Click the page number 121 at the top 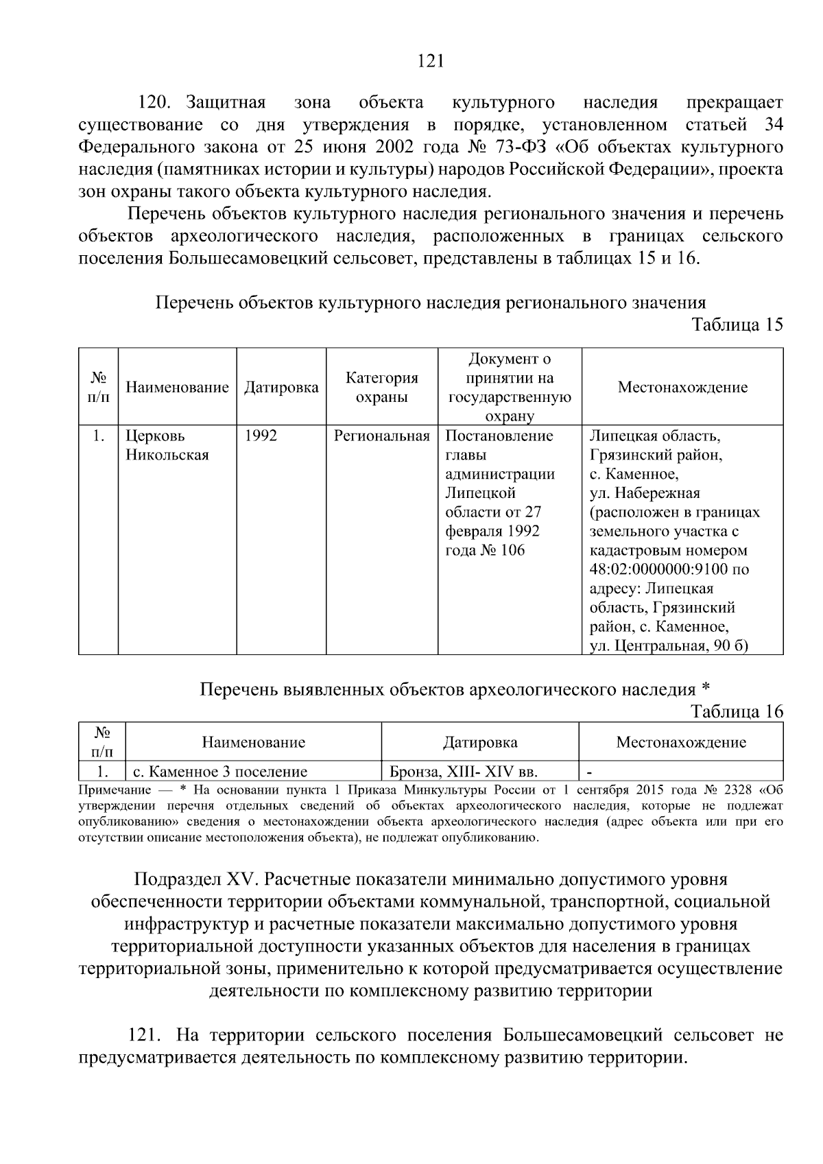click(x=431, y=62)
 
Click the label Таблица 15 click(x=737, y=324)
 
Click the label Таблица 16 click(x=737, y=711)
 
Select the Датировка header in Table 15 click(x=281, y=388)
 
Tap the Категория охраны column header click(x=381, y=388)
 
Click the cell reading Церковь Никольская click(x=167, y=445)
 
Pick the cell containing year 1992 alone click(x=261, y=436)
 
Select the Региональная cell click(x=381, y=436)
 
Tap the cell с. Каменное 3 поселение click(x=219, y=772)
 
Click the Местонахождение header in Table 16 click(x=680, y=742)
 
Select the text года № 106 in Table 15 click(x=485, y=550)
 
